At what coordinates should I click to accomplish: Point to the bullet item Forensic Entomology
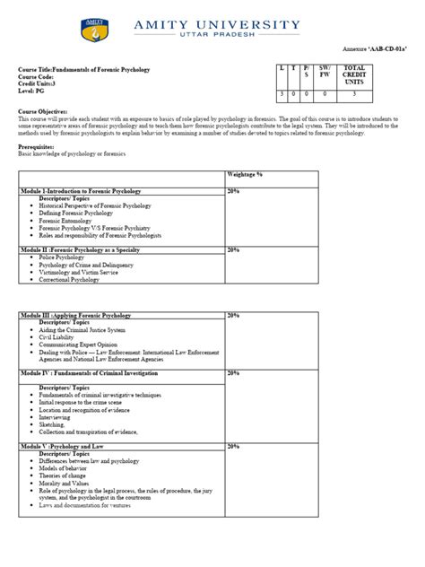pos(65,220)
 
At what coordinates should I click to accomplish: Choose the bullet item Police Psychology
pos(61,257)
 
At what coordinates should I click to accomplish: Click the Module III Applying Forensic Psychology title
pos(75,316)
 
